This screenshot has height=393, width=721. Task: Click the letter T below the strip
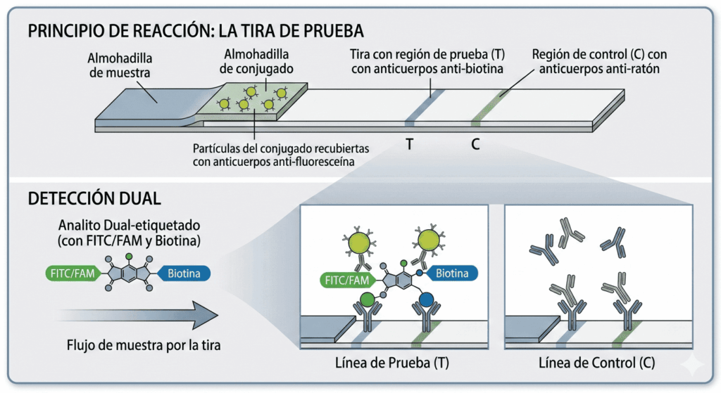[409, 145]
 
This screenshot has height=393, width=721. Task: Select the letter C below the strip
[475, 145]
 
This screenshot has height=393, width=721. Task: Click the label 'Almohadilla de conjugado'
[258, 61]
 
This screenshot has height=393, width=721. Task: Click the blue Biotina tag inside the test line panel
[451, 273]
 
